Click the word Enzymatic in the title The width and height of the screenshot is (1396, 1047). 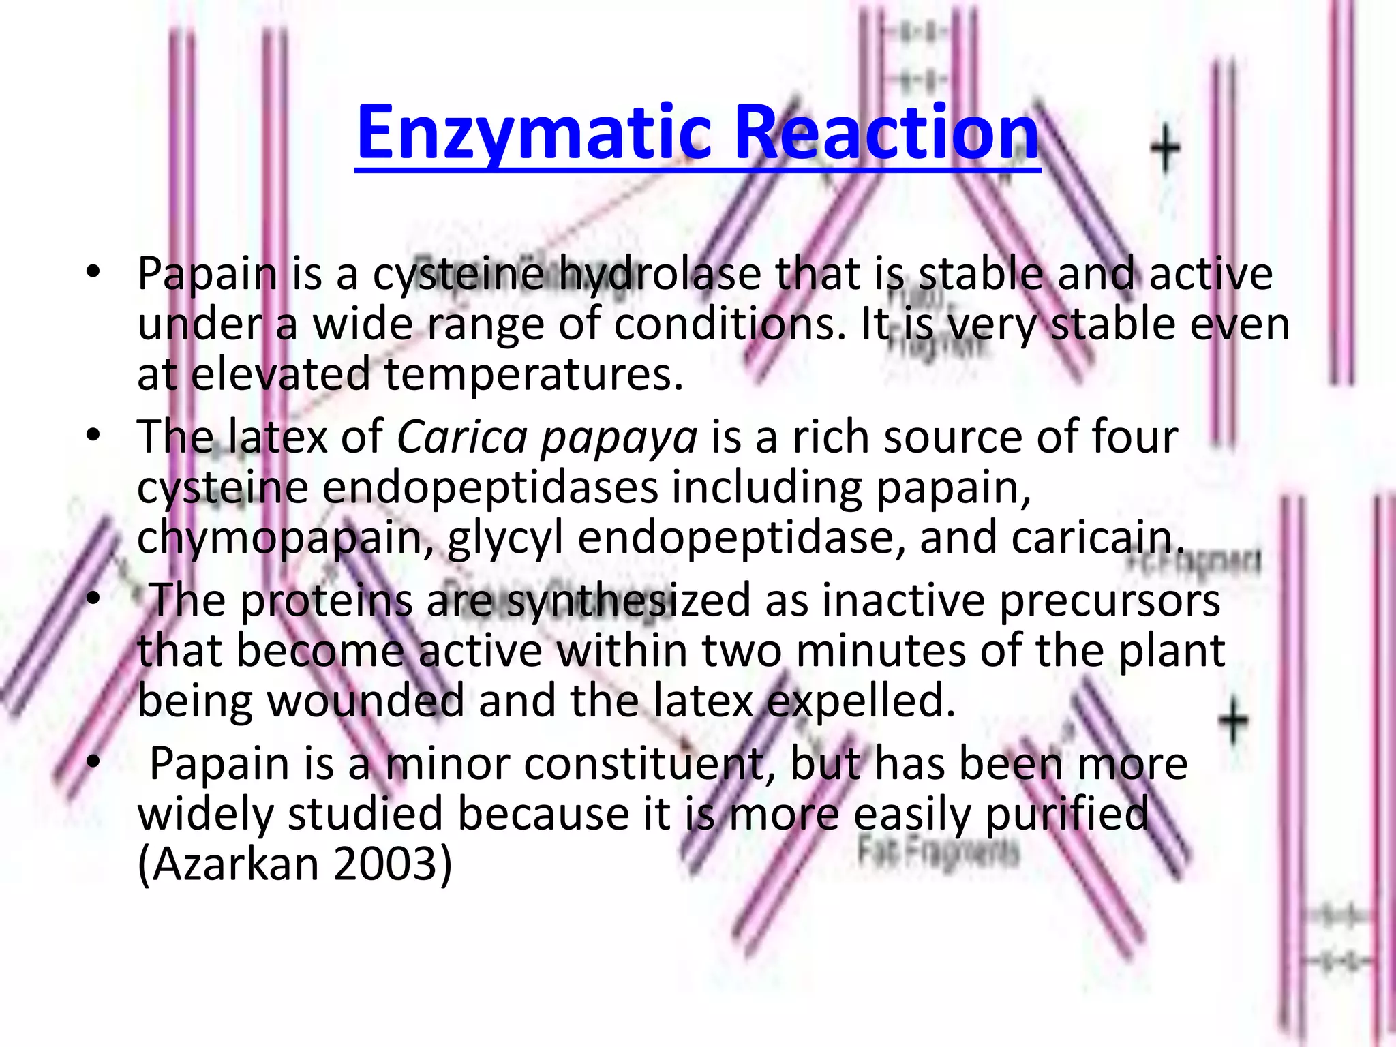click(538, 133)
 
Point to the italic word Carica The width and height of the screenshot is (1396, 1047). click(463, 437)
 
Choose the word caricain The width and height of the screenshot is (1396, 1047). click(1097, 537)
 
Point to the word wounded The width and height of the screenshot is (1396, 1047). click(365, 701)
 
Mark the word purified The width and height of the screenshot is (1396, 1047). click(1067, 815)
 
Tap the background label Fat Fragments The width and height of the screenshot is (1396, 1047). click(938, 853)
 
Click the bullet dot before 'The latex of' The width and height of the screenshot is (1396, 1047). click(93, 435)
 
